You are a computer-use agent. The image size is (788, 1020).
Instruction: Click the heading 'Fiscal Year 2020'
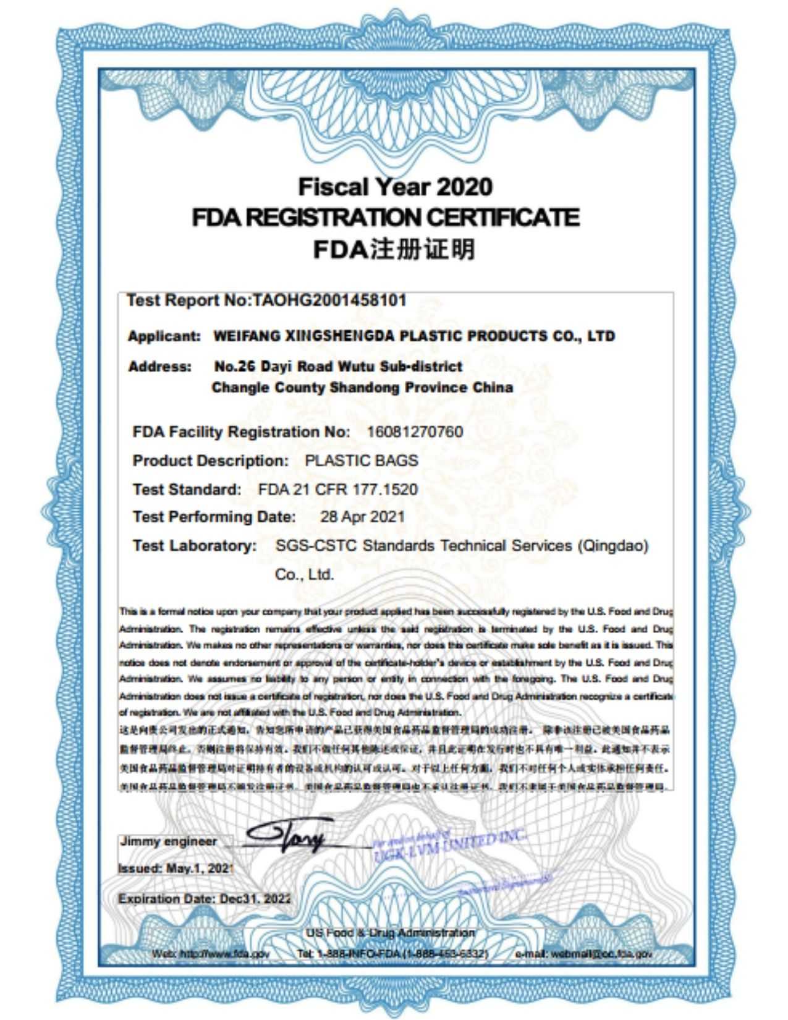pos(395,186)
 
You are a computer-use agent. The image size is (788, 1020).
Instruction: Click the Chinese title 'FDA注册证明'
pos(394,249)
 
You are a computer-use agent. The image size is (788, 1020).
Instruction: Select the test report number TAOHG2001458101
pos(329,301)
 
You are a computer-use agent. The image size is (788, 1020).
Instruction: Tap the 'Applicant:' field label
pos(164,337)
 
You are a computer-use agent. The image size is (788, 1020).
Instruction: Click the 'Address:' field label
pos(160,367)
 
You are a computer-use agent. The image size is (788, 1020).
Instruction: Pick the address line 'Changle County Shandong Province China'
pos(362,388)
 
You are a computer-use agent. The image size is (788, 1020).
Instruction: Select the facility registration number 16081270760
pos(415,431)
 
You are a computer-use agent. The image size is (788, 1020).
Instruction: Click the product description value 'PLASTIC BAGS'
pos(362,461)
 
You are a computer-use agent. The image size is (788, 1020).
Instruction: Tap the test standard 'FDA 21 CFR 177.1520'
pos(338,490)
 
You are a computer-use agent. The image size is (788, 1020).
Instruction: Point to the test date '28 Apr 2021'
pos(362,517)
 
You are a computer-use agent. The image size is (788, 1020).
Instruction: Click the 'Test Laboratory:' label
pos(195,546)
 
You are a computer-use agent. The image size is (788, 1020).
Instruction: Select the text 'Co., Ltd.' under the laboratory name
pos(304,575)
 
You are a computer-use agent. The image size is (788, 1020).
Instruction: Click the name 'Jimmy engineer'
pos(168,841)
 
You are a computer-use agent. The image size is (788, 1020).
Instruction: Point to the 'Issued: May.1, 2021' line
pos(176,868)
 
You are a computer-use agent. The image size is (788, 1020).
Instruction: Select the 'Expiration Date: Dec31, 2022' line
pos(204,899)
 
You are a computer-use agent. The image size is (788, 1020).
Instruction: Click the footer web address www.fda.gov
pos(211,954)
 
